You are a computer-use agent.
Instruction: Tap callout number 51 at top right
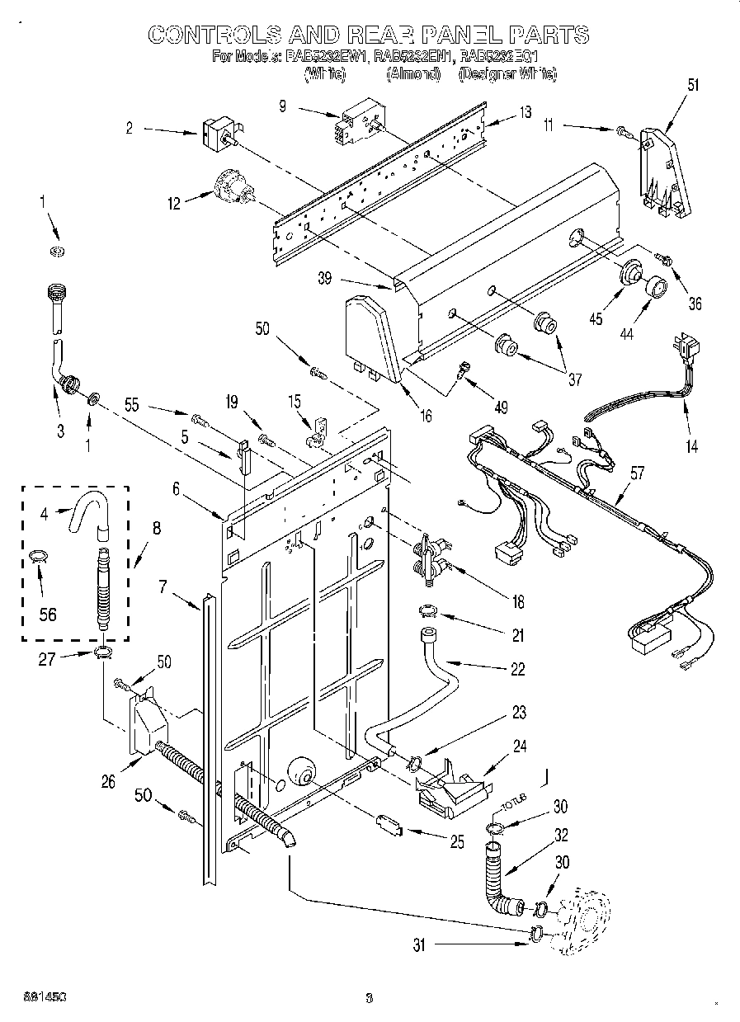coord(693,83)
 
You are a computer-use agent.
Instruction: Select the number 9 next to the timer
coord(283,106)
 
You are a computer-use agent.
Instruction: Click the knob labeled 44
coord(657,287)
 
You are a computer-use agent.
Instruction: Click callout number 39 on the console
coord(325,279)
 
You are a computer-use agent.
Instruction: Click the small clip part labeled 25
coord(388,823)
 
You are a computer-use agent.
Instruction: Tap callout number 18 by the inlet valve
coord(517,601)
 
